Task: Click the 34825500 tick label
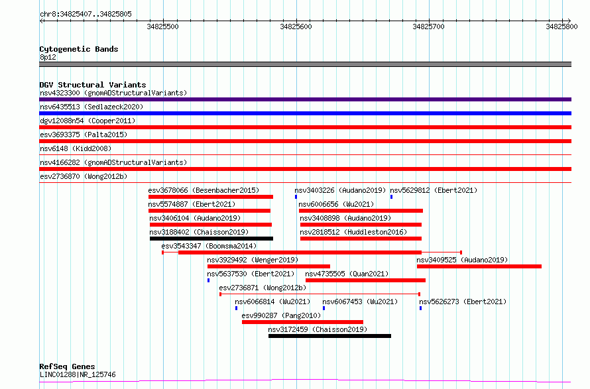162,27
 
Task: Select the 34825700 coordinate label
428,27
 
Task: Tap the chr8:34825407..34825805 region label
86,15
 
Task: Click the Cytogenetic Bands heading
79,49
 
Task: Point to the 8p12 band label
48,57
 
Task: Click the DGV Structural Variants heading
93,85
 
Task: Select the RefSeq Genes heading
67,366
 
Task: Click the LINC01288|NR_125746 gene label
78,374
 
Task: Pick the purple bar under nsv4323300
305,99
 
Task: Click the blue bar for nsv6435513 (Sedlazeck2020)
305,113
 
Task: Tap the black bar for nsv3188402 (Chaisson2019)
211,239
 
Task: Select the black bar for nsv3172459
329,336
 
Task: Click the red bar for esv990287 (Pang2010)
302,322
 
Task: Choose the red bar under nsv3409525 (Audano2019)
479,266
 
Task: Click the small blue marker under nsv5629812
391,197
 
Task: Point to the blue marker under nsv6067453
324,308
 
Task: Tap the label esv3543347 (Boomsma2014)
209,246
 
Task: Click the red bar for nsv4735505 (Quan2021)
365,280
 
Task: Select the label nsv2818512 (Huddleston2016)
353,232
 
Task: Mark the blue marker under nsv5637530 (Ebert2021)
208,280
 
